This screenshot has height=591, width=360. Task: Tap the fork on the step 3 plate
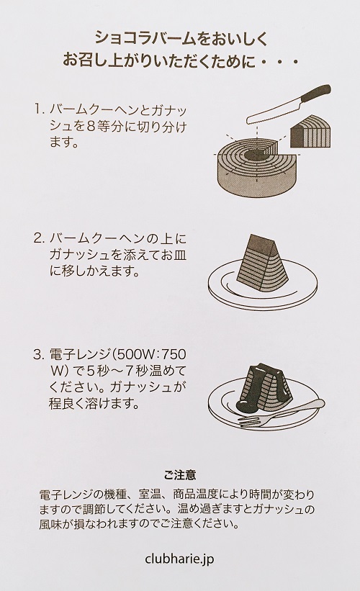coord(281,418)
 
